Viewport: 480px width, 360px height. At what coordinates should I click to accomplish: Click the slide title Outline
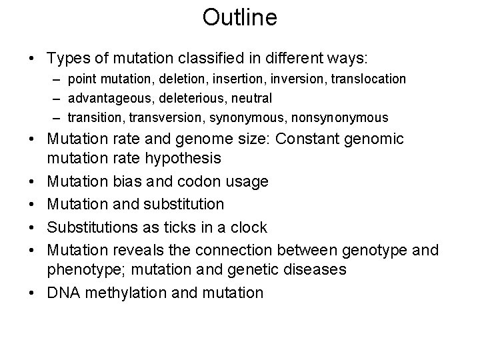tap(239, 18)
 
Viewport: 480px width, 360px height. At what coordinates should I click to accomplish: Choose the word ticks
tap(165, 227)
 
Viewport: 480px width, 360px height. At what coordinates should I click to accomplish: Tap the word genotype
tap(373, 251)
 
